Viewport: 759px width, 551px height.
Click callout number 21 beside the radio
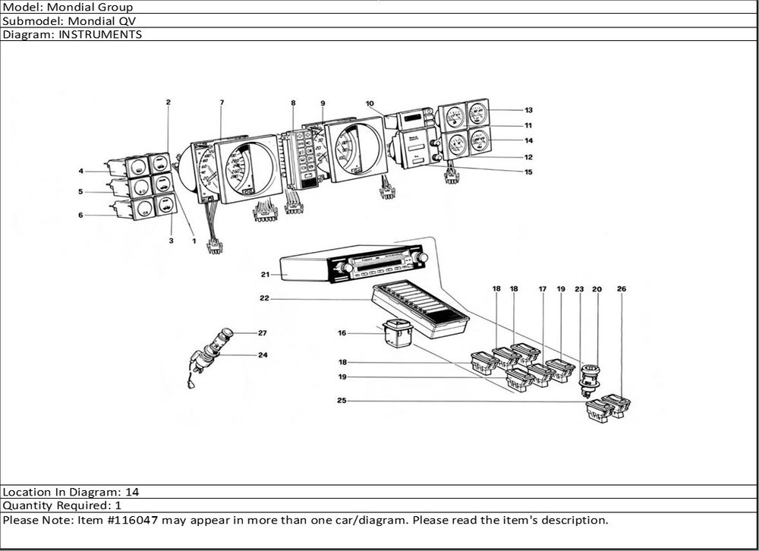click(x=266, y=274)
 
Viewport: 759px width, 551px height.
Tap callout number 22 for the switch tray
click(x=265, y=298)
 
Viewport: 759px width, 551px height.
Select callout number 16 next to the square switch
click(x=342, y=332)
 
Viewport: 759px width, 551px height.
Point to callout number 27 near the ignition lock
click(x=263, y=333)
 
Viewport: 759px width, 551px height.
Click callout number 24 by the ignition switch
click(x=263, y=354)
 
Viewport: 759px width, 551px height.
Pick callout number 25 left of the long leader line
click(x=342, y=401)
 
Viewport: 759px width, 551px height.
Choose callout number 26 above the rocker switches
click(x=621, y=289)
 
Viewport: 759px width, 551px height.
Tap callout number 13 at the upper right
click(x=528, y=110)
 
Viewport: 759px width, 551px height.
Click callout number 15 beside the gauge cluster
click(x=528, y=172)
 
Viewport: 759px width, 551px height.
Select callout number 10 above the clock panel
click(x=370, y=103)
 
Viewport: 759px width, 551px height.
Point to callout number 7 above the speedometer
click(x=222, y=102)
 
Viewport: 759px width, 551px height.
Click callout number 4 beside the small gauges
click(x=80, y=171)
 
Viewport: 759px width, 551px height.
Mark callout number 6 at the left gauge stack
click(x=80, y=215)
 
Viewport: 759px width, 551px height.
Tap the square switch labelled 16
click(x=398, y=334)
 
